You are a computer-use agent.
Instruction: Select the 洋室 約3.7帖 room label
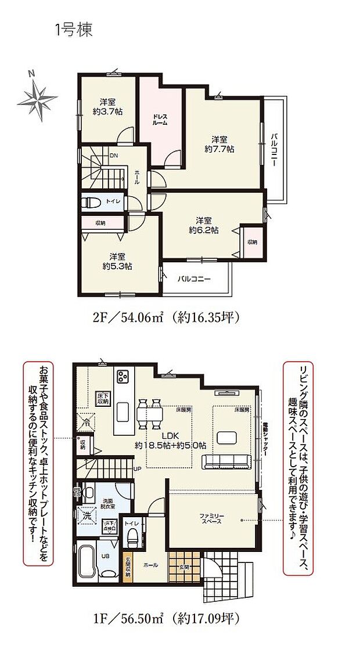tap(106, 106)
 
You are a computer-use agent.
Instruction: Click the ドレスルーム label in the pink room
tap(160, 120)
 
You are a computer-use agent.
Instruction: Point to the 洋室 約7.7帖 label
tap(219, 144)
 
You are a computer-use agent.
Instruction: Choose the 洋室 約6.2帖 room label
tap(203, 225)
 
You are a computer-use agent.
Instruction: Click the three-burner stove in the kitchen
tap(123, 377)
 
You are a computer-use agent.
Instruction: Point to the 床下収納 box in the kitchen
tap(102, 398)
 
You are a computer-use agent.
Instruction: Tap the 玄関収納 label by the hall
tap(128, 566)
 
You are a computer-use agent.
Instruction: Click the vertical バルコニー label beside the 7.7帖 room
tap(272, 149)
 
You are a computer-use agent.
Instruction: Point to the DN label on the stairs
tap(114, 156)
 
